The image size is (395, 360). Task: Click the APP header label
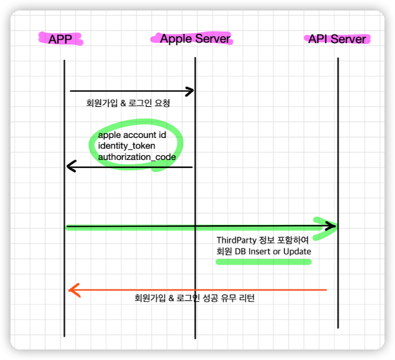[x=60, y=39]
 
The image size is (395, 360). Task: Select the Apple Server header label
[x=195, y=39]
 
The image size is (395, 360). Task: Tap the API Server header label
[x=337, y=39]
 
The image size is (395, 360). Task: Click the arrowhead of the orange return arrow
[x=72, y=289]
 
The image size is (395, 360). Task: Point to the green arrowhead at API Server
[x=331, y=226]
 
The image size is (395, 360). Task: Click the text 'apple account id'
[x=132, y=135]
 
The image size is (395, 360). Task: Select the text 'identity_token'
[x=127, y=146]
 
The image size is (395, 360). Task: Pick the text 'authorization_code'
[x=137, y=156]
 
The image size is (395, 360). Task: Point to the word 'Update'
[x=298, y=251]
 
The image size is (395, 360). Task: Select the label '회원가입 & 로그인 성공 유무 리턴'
[x=194, y=298]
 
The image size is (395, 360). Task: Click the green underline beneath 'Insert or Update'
[x=263, y=262]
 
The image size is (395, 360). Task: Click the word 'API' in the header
[x=318, y=39]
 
